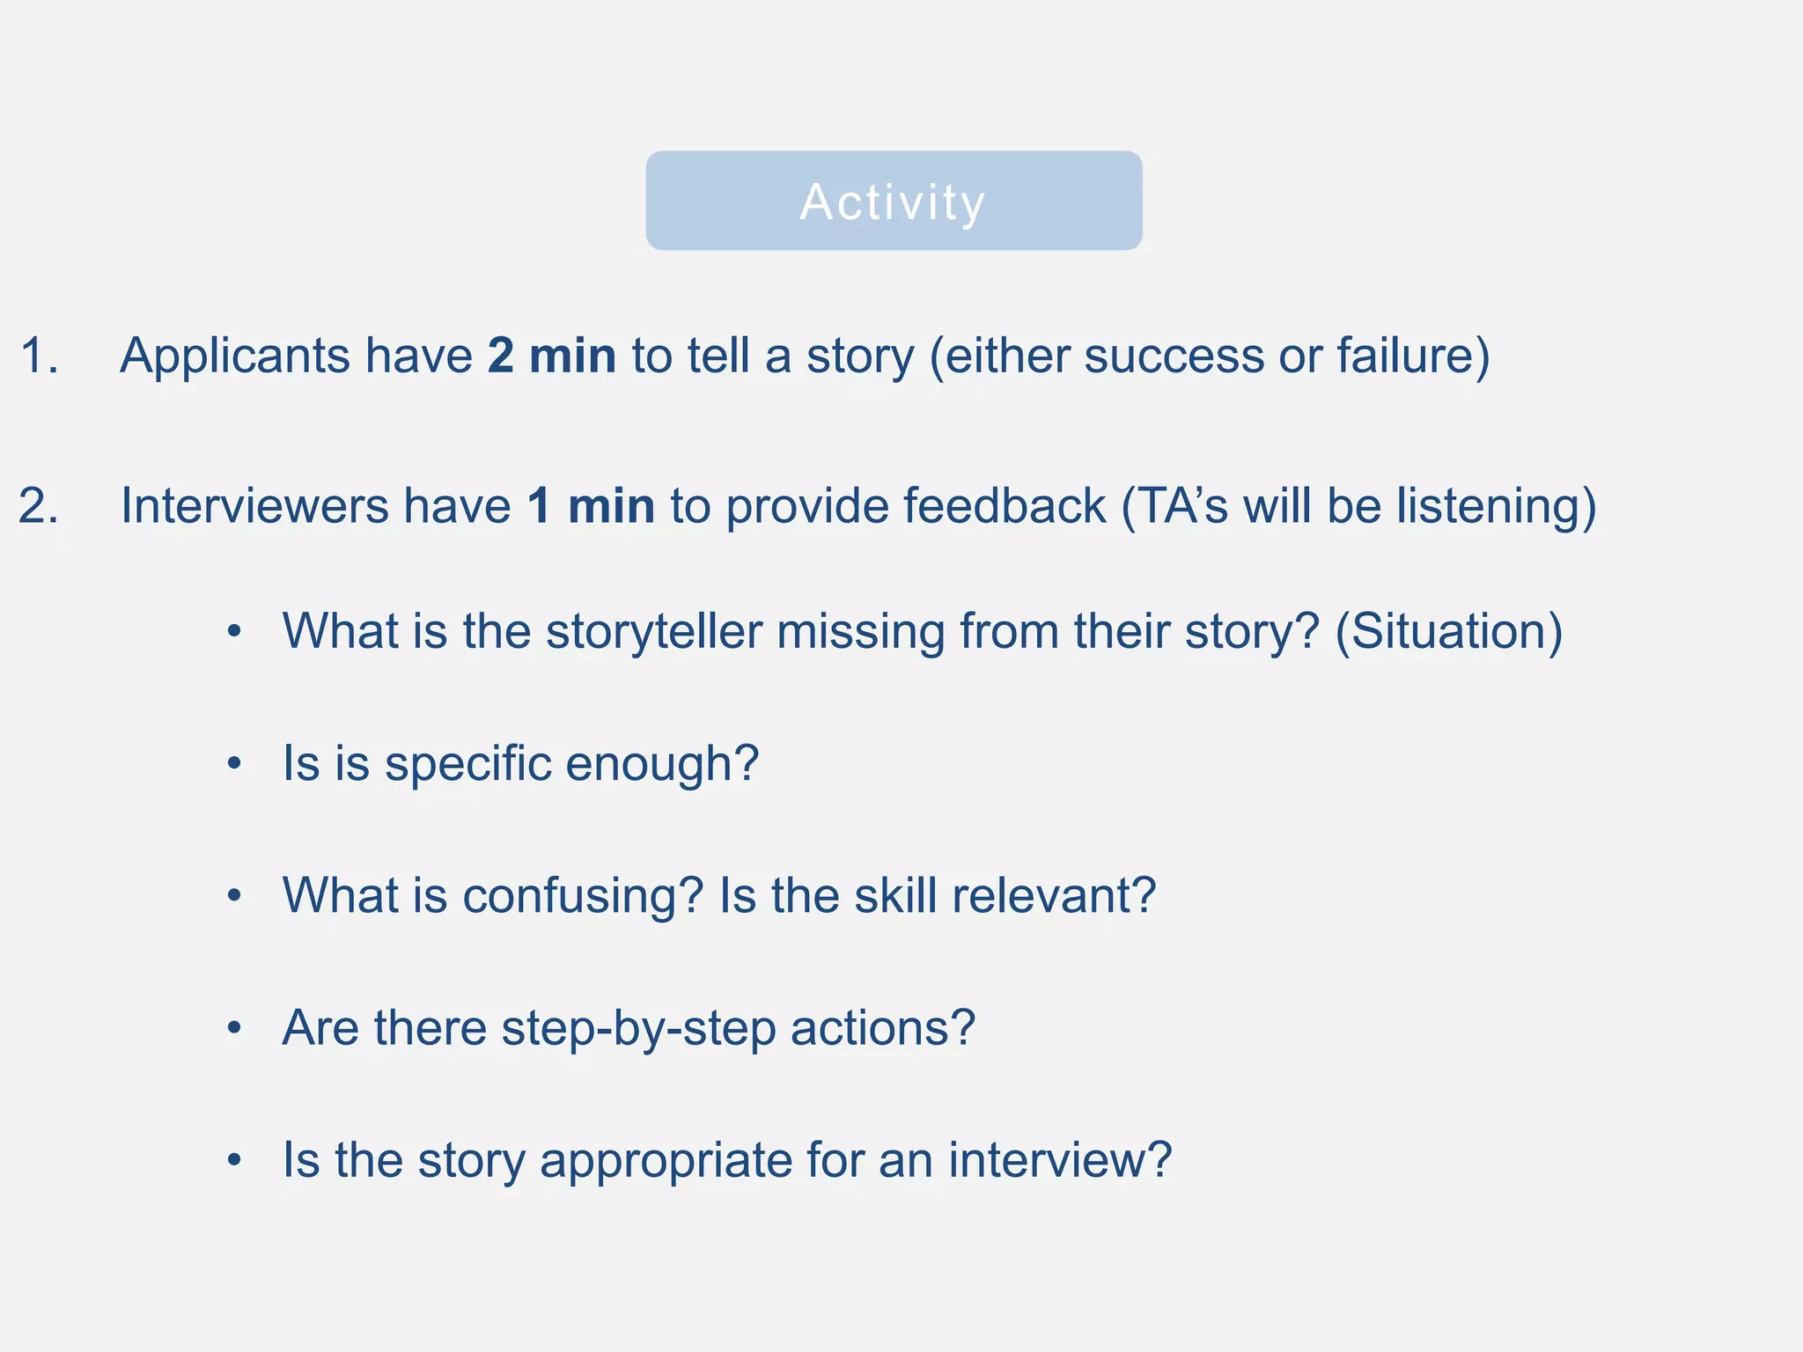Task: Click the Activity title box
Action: tap(894, 201)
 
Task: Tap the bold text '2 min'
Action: tap(552, 356)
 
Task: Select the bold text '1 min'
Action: tap(591, 507)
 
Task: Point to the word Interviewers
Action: tap(254, 507)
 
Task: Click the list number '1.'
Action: tap(40, 356)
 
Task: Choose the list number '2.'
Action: tap(40, 507)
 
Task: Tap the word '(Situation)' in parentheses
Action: tap(1449, 633)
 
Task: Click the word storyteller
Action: tap(653, 633)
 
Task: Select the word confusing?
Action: tap(582, 897)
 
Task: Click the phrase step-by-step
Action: tap(638, 1029)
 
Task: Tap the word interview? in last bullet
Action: tap(1060, 1161)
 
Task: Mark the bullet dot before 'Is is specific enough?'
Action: tap(233, 764)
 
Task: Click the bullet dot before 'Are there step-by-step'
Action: tap(233, 1028)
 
